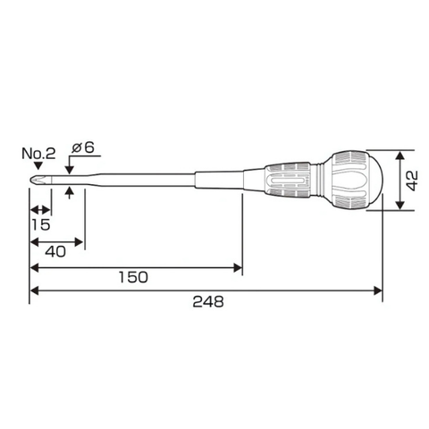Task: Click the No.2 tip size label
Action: [x=38, y=154]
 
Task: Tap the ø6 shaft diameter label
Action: [x=83, y=147]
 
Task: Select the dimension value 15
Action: [x=41, y=224]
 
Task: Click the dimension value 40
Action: [x=55, y=252]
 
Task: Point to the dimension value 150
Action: [x=133, y=277]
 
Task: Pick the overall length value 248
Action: [x=208, y=301]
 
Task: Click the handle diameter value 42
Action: [x=413, y=181]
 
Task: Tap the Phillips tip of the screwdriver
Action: [x=38, y=181]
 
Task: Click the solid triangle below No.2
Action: [x=38, y=165]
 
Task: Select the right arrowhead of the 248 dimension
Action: [x=378, y=290]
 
